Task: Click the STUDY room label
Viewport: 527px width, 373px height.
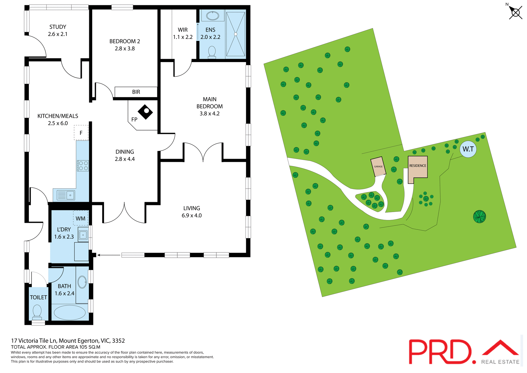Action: point(58,27)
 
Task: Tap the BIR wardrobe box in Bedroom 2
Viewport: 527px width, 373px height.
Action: point(136,92)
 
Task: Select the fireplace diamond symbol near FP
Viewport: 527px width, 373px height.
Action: point(145,112)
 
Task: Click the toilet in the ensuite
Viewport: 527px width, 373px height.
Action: point(212,52)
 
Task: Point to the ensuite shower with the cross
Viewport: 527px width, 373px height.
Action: point(236,34)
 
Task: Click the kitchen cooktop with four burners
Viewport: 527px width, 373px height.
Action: point(83,166)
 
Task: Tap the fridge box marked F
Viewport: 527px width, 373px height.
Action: point(81,133)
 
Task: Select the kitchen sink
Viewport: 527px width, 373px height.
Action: point(66,195)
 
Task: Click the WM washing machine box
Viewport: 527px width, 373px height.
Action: point(80,218)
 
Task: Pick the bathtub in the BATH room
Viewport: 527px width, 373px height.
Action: point(70,313)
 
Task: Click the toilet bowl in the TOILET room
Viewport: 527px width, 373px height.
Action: point(37,311)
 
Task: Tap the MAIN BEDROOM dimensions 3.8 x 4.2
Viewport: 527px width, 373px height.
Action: point(209,113)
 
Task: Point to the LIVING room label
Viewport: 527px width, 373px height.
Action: point(192,208)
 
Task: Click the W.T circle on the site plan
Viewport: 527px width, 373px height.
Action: point(468,149)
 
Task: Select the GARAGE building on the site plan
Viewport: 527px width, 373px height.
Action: point(378,166)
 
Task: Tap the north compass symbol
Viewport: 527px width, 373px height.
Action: point(515,12)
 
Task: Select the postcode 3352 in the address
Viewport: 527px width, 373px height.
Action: point(118,341)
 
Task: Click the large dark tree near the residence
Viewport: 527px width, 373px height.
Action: point(480,216)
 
